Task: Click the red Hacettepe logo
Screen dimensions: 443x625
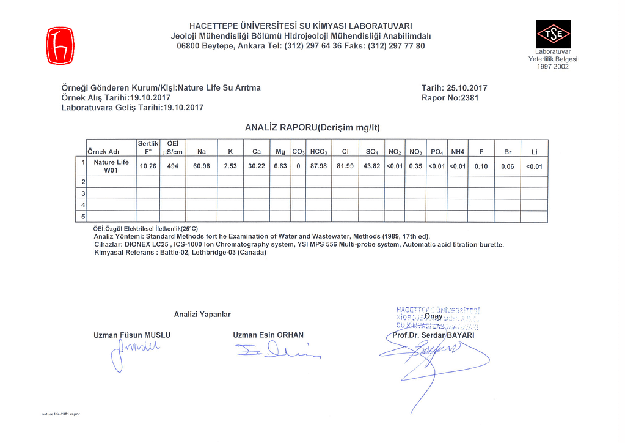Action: point(60,45)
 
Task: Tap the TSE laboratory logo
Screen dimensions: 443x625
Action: point(553,35)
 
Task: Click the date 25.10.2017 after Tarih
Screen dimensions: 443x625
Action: point(467,88)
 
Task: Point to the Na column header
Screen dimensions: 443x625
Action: point(201,151)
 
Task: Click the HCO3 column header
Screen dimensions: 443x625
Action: point(318,151)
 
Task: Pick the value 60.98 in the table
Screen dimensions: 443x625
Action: point(201,166)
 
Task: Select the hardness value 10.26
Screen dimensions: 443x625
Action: point(148,166)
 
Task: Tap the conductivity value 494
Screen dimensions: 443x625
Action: point(173,166)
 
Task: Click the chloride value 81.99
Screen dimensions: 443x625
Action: point(345,166)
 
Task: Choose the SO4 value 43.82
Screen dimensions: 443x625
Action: point(371,166)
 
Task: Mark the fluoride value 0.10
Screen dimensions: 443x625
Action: point(481,166)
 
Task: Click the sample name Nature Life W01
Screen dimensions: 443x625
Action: point(111,166)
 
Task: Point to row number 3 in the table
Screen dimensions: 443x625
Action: point(83,193)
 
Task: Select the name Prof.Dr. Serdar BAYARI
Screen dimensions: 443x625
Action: point(433,335)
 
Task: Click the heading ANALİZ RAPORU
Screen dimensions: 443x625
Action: point(312,128)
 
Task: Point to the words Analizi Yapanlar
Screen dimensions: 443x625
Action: point(202,315)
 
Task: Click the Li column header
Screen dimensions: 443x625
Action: point(534,151)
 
